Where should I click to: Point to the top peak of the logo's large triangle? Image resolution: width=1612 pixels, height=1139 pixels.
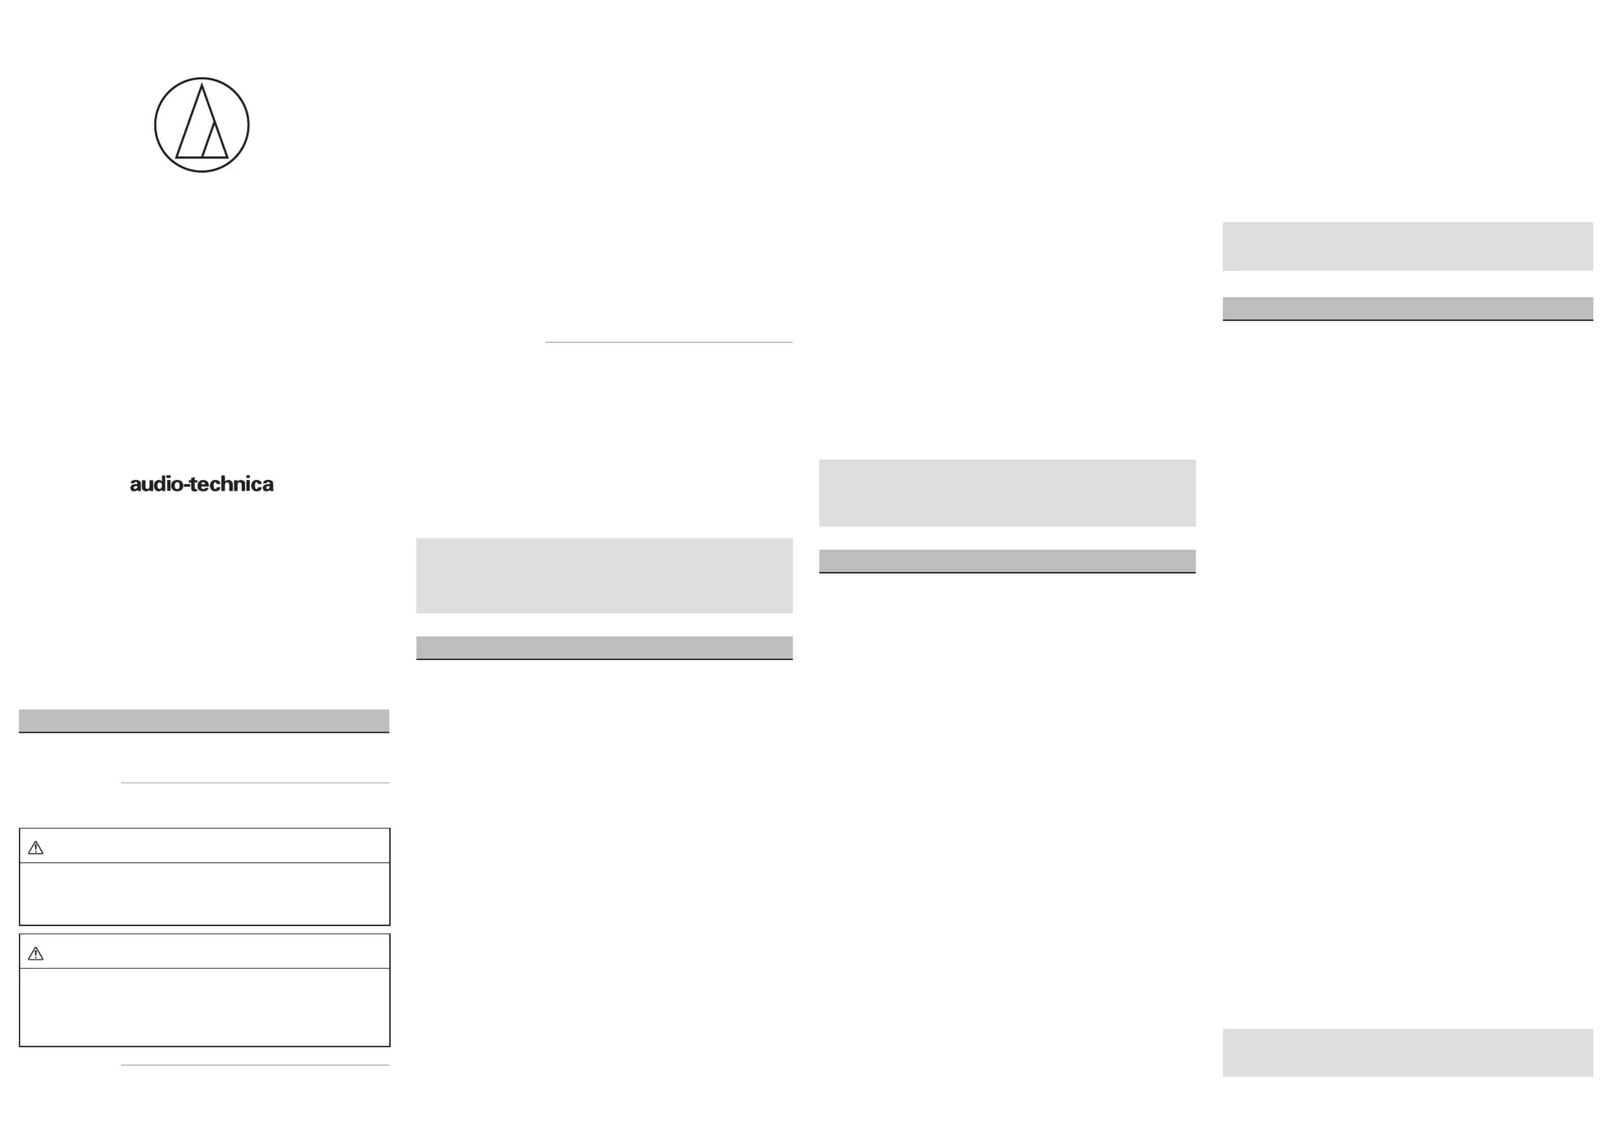click(202, 84)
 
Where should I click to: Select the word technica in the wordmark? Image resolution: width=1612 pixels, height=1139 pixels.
click(232, 484)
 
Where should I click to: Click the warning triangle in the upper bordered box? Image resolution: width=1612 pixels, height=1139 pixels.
click(36, 848)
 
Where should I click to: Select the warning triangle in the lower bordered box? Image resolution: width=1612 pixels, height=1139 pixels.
click(36, 954)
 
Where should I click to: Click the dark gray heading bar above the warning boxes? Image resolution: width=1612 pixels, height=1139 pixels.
click(204, 721)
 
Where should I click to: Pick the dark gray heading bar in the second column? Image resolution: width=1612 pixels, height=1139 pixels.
click(605, 648)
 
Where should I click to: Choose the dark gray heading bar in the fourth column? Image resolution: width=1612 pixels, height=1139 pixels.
click(1408, 309)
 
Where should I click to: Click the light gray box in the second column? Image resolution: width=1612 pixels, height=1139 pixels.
click(605, 575)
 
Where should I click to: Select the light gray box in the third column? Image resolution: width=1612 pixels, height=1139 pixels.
click(1007, 493)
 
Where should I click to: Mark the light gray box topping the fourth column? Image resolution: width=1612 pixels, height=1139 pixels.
click(1408, 247)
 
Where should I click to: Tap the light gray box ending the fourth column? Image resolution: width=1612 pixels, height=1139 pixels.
click(1408, 1053)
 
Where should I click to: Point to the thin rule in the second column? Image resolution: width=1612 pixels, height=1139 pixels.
click(669, 342)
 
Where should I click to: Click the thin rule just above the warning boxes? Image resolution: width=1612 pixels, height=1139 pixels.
click(255, 782)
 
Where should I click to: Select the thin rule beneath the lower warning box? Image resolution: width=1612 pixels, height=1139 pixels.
click(255, 1065)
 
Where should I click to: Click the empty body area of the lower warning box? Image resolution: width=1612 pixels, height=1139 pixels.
click(204, 1007)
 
